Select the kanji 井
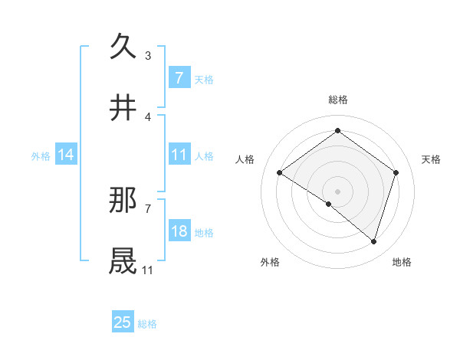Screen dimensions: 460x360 tap(123, 108)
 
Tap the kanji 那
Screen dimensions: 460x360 tap(123, 200)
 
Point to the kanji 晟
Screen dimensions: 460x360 tap(123, 261)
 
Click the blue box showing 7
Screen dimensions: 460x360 tap(179, 77)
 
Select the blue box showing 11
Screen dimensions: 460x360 tap(179, 155)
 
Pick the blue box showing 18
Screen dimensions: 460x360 tap(179, 231)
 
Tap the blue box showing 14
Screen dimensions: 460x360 tap(66, 155)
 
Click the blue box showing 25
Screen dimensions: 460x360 tap(123, 322)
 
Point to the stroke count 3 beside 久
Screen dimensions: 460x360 tap(148, 55)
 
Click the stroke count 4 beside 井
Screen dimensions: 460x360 tap(148, 116)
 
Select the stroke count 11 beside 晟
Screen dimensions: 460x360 tap(147, 270)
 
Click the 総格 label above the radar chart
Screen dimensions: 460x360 tap(337, 100)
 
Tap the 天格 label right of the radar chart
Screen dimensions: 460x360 tap(431, 159)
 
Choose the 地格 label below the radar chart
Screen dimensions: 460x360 tap(402, 262)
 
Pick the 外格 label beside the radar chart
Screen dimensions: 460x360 tap(270, 262)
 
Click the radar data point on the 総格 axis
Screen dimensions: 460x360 tap(337, 130)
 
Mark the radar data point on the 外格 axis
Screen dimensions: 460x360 tap(329, 204)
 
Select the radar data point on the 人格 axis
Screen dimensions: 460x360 tap(279, 173)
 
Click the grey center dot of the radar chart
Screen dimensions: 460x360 tap(337, 191)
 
